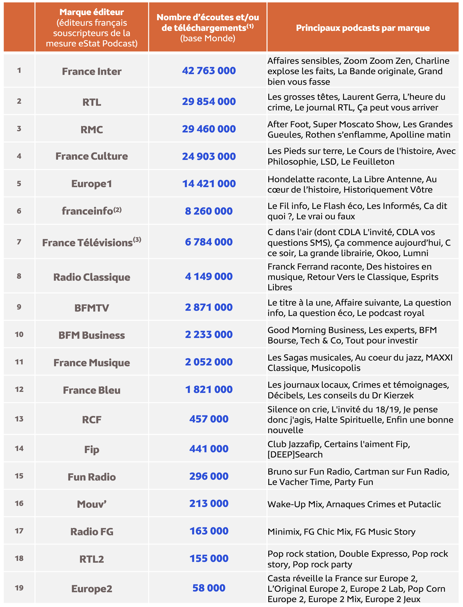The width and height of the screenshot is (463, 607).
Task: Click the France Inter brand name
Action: click(92, 72)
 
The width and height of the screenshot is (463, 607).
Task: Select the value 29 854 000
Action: click(209, 102)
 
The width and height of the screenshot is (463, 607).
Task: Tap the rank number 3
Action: click(19, 129)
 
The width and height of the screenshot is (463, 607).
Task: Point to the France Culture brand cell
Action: click(92, 156)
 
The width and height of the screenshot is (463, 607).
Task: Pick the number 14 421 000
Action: click(209, 184)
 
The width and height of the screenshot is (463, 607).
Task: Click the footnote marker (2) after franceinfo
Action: click(117, 210)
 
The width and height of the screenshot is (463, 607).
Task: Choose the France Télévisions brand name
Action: click(88, 243)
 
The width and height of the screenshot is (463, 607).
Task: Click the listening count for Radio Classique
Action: click(209, 276)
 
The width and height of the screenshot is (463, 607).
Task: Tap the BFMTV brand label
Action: click(92, 308)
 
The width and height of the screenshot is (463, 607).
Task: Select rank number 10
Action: click(19, 335)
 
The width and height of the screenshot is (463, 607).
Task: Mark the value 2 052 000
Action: click(209, 362)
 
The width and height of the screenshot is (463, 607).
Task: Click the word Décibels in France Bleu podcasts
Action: click(285, 396)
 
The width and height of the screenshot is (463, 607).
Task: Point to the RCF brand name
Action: click(92, 420)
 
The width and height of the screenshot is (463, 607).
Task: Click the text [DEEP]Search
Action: click(295, 454)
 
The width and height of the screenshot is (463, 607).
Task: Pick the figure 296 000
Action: click(209, 476)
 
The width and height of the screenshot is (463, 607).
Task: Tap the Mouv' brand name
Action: click(92, 504)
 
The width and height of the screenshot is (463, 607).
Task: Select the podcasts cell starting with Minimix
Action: click(341, 532)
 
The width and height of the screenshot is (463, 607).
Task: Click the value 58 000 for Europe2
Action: click(209, 588)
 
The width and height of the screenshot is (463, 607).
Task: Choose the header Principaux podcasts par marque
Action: click(363, 28)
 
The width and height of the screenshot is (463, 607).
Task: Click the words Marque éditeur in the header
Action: click(92, 12)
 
